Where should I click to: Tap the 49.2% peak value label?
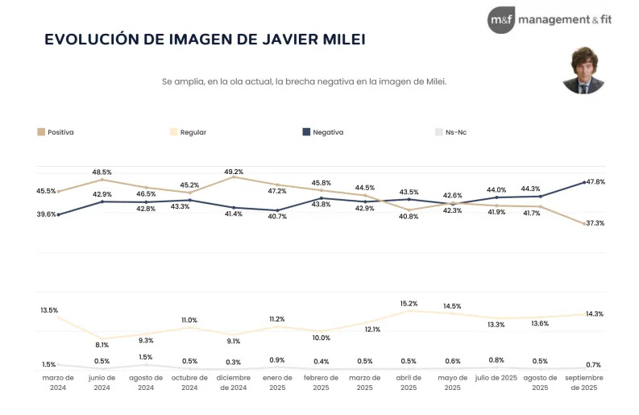point(234,171)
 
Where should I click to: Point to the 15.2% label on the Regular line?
point(409,304)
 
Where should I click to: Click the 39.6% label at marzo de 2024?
point(46,214)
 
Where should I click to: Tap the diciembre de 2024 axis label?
point(234,383)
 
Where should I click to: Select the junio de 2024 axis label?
point(102,383)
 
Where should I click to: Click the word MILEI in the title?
point(338,39)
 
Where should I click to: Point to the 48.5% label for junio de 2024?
point(102,172)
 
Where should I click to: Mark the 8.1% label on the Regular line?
point(102,345)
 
